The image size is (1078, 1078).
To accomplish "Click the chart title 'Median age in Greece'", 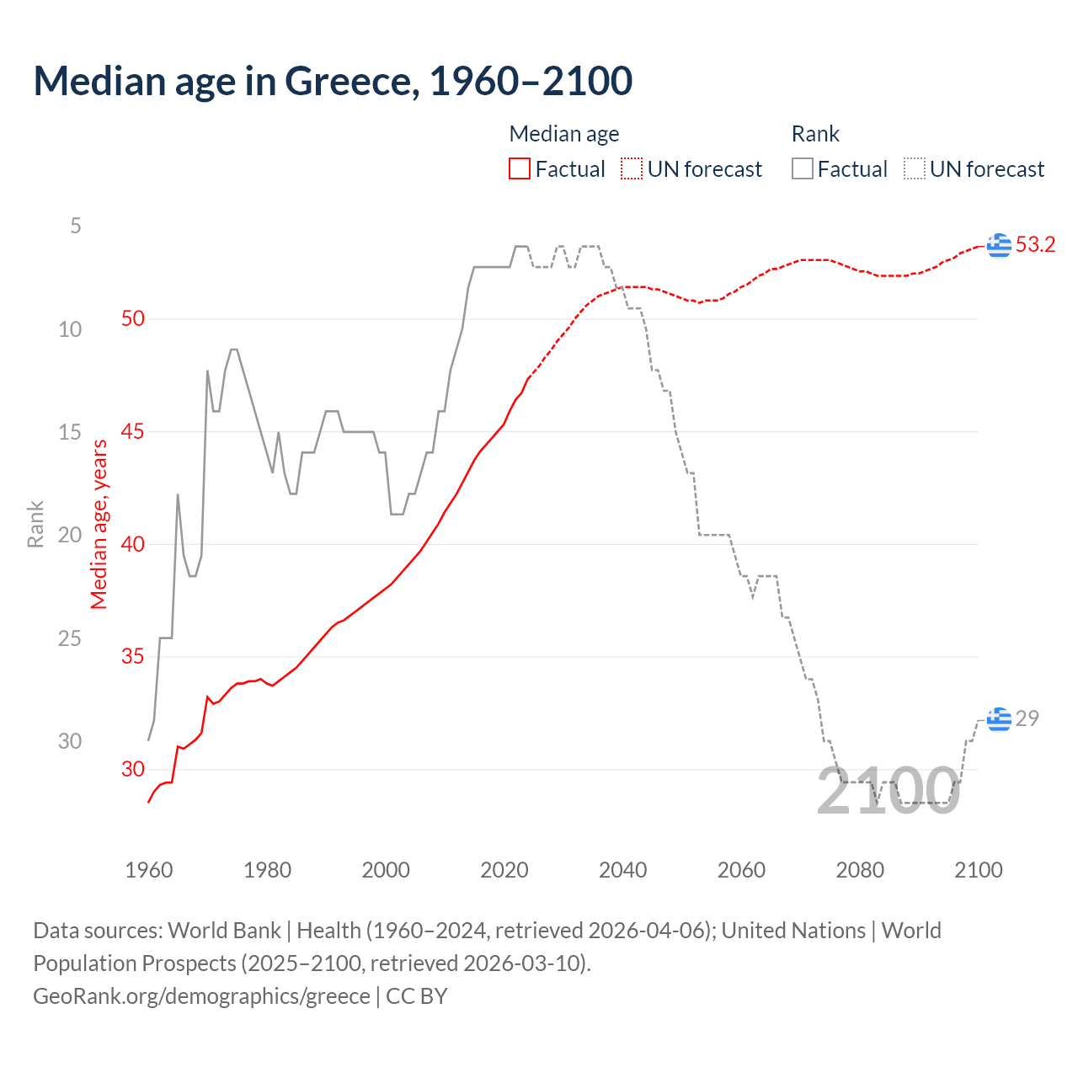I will pos(333,81).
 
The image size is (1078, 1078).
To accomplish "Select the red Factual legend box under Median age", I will pos(520,169).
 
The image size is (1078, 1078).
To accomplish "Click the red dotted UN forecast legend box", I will pos(632,169).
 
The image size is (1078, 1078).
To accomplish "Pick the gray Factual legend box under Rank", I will pos(803,169).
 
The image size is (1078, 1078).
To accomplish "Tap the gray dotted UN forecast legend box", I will pos(915,169).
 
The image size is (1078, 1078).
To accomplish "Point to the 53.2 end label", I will pos(1035,244).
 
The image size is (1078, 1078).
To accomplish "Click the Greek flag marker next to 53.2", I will pos(999,245).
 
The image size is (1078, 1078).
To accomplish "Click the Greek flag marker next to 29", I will pos(999,719).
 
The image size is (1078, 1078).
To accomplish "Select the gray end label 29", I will pos(1027,718).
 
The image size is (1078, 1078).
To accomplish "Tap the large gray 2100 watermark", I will pos(888,791).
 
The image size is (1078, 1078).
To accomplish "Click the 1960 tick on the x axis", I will pos(149,870).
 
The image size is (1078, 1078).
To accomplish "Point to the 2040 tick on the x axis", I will pos(623,870).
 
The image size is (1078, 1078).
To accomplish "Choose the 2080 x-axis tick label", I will pos(860,870).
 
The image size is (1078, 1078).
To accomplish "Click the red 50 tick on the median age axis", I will pos(133,318).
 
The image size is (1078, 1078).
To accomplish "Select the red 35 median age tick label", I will pos(133,656).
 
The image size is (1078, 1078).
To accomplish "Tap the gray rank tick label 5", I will pos(76,226).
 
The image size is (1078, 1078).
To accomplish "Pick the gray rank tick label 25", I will pos(70,638).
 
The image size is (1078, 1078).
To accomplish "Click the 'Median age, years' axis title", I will pos(99,524).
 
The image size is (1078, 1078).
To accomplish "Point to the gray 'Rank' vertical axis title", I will pos(35,524).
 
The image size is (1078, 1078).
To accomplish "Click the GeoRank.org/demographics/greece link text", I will pos(201,995).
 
